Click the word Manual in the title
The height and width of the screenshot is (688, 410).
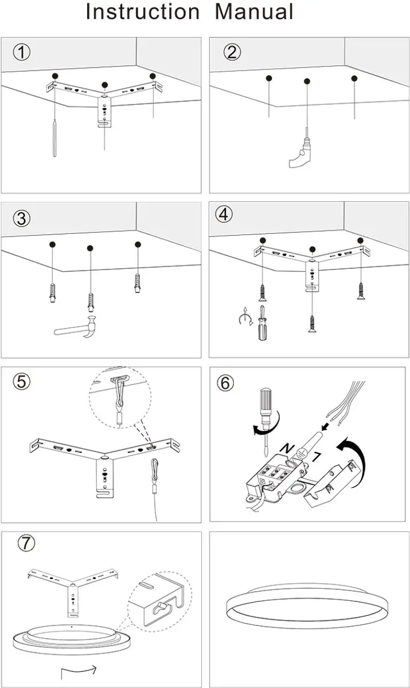(x=254, y=11)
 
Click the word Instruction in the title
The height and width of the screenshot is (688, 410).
(x=143, y=11)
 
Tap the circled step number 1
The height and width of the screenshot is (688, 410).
(x=22, y=52)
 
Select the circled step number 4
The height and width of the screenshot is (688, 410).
(x=224, y=214)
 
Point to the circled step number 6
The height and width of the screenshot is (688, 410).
(x=225, y=383)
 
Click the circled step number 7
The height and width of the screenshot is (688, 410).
(x=26, y=543)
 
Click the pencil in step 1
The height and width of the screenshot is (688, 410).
(x=54, y=138)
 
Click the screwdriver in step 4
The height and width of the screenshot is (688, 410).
(x=263, y=323)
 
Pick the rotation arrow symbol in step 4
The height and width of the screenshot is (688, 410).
(x=245, y=316)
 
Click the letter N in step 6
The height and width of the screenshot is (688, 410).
(x=287, y=448)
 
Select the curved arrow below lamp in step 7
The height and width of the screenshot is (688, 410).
(x=79, y=670)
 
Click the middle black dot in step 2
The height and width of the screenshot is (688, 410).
(x=307, y=81)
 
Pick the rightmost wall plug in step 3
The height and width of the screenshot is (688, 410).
(x=138, y=283)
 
